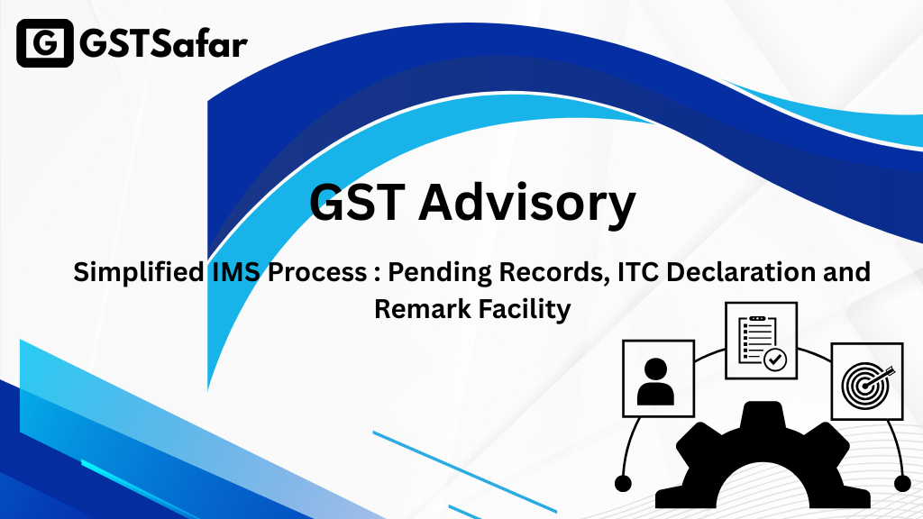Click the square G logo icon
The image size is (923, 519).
tap(45, 43)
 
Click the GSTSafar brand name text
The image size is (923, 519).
tap(164, 44)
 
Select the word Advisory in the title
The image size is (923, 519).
tap(527, 204)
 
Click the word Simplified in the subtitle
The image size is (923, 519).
tap(139, 272)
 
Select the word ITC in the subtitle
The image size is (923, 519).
tap(638, 272)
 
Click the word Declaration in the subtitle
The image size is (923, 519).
tap(739, 272)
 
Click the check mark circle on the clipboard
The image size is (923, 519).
tap(775, 359)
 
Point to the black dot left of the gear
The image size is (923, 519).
tap(623, 484)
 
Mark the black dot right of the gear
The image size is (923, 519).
tap(902, 484)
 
